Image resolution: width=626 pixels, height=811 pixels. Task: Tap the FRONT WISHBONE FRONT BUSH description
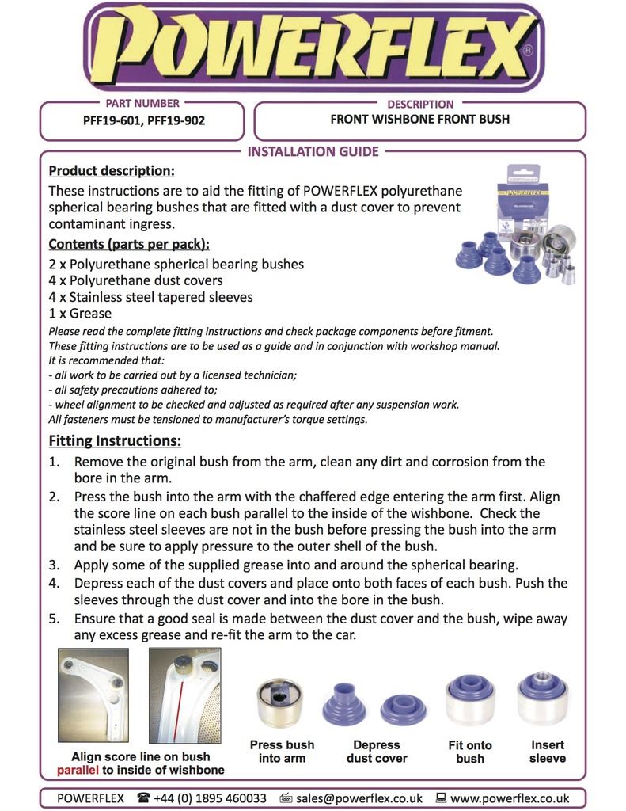419,120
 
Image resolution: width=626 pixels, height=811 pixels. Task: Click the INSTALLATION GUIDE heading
313,151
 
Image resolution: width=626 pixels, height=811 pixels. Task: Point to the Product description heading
112,171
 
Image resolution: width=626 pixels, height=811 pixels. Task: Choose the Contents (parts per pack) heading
128,244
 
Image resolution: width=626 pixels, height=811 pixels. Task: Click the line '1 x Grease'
81,314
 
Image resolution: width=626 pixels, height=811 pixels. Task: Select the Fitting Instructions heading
115,440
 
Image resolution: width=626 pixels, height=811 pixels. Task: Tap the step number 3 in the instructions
54,565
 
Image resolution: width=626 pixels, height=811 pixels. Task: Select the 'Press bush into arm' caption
282,752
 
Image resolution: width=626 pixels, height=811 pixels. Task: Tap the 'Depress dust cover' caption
377,752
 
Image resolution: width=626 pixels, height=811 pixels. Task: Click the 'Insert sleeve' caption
548,752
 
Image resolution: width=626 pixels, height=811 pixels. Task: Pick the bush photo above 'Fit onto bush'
470,700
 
